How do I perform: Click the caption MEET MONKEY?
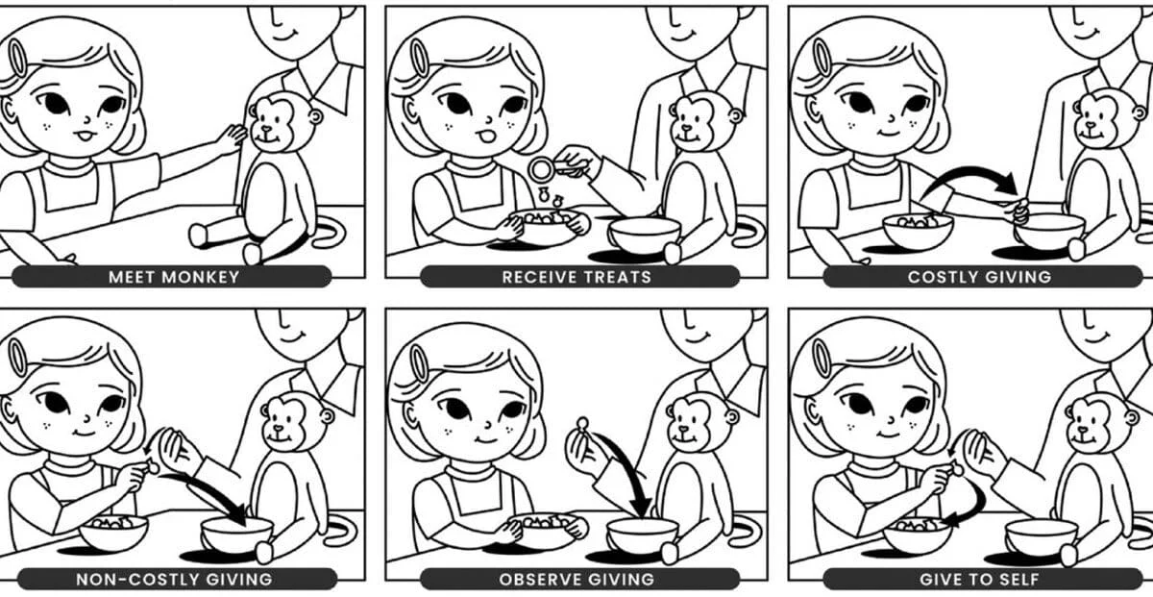coord(174,277)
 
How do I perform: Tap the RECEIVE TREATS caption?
coord(576,277)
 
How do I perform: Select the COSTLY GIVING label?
coord(979,277)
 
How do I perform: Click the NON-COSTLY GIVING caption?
coord(174,580)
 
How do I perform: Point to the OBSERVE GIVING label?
coord(576,580)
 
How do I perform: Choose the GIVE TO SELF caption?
coord(979,580)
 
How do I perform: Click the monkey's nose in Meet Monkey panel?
coord(267,128)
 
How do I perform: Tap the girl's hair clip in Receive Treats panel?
coord(419,58)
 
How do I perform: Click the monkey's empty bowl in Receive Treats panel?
coord(645,235)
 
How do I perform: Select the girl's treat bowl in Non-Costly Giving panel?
coord(113,532)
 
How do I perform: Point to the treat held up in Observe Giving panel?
coord(582,424)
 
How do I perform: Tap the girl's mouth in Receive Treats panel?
coord(485,137)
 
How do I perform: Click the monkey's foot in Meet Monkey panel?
coord(198,235)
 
